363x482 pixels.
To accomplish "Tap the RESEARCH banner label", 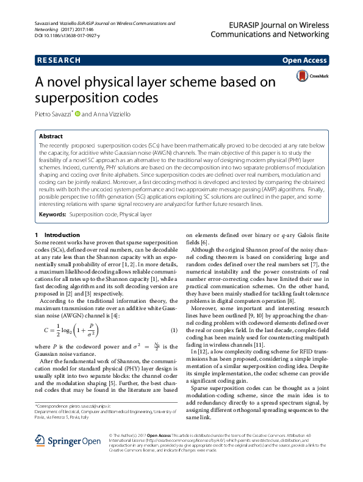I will tap(59, 60).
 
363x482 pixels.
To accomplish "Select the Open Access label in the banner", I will tap(304, 60).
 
